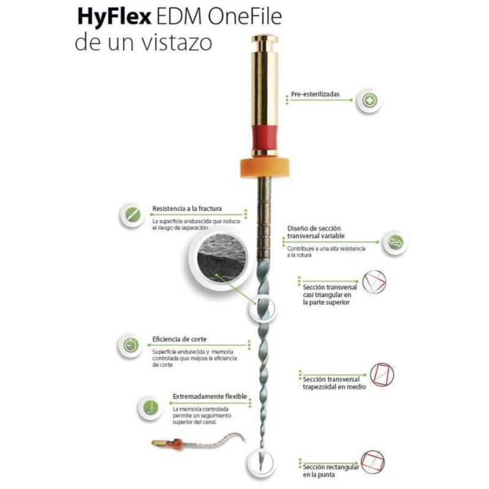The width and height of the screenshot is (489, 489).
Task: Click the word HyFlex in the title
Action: click(x=114, y=18)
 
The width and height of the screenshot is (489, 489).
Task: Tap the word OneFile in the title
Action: click(x=245, y=17)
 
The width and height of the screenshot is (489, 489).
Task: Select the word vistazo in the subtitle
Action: click(x=177, y=42)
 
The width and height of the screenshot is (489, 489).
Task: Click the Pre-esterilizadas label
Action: click(x=315, y=94)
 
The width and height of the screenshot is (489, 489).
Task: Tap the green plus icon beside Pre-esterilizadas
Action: click(x=369, y=101)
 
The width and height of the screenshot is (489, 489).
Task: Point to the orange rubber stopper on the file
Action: click(x=265, y=167)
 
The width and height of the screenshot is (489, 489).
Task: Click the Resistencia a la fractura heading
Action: click(x=187, y=208)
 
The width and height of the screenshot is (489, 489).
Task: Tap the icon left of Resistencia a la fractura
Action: click(x=133, y=215)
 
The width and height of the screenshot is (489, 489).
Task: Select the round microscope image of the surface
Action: click(x=221, y=259)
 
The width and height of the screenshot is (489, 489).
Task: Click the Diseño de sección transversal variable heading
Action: click(x=316, y=232)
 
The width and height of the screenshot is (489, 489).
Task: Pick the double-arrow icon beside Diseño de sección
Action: click(x=395, y=242)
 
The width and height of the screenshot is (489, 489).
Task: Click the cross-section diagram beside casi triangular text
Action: click(x=374, y=282)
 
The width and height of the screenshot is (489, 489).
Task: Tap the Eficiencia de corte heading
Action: click(x=179, y=339)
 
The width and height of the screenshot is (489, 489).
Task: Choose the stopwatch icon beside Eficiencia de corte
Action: click(x=131, y=345)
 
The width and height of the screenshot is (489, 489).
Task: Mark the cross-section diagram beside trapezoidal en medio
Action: click(x=382, y=375)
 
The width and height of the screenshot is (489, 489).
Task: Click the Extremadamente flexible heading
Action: click(x=210, y=396)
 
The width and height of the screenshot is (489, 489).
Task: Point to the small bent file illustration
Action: click(x=198, y=441)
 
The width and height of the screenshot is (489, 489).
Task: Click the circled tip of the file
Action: click(x=261, y=463)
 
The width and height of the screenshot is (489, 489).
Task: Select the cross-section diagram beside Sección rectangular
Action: click(x=373, y=462)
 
